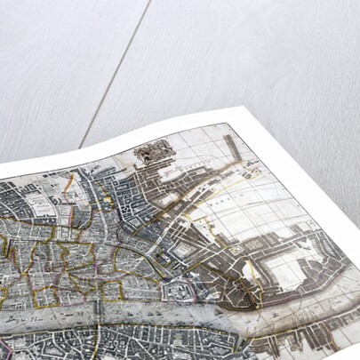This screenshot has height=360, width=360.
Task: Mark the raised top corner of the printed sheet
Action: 233,110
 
